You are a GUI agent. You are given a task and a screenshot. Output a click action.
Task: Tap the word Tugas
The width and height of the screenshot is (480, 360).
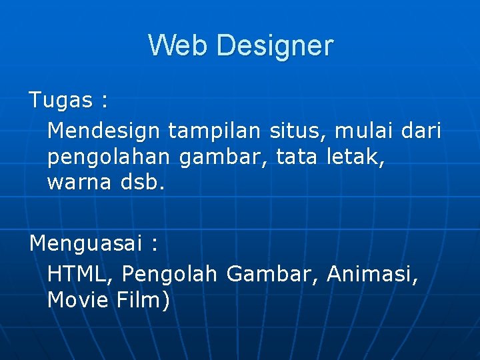pyautogui.click(x=61, y=101)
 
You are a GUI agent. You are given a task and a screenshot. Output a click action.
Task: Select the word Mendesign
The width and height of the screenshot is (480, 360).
pyautogui.click(x=104, y=131)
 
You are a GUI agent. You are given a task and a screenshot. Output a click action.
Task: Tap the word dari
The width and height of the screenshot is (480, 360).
pyautogui.click(x=421, y=131)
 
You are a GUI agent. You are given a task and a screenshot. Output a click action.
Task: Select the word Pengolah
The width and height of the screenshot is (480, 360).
pyautogui.click(x=170, y=275)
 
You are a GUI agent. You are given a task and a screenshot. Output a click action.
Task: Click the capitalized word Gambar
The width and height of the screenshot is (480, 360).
pyautogui.click(x=273, y=273)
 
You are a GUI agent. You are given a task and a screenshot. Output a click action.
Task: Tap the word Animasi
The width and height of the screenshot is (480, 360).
pyautogui.click(x=372, y=273)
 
